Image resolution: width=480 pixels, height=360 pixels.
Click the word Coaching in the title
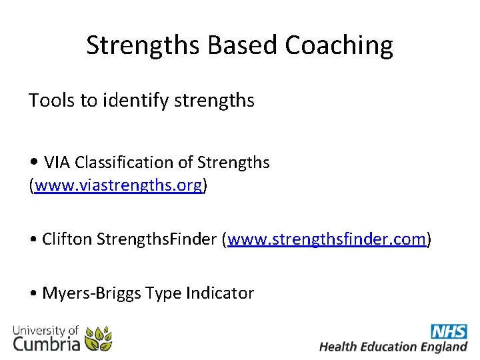[x=339, y=45]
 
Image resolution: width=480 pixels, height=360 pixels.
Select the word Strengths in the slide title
[x=143, y=45]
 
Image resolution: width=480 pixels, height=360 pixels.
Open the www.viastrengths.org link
[x=118, y=186]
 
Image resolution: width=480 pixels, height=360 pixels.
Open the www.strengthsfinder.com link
[x=326, y=239]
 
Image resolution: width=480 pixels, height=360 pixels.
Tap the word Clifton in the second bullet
[x=67, y=239]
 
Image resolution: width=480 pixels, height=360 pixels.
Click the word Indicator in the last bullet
[x=220, y=293]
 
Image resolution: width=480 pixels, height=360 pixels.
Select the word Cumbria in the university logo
[x=47, y=343]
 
